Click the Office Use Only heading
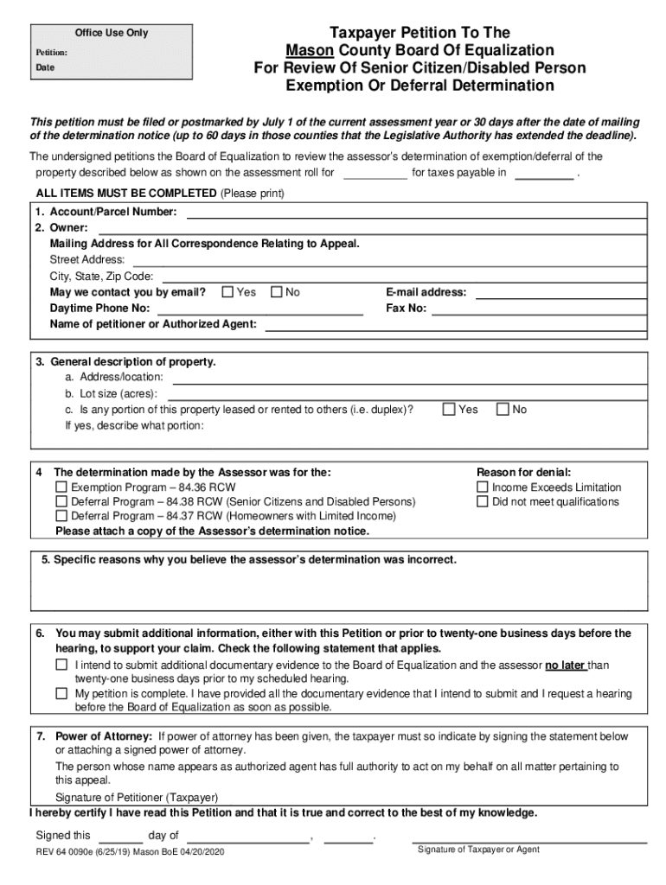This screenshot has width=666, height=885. pyautogui.click(x=111, y=33)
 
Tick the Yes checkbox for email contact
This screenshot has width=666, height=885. pyautogui.click(x=228, y=292)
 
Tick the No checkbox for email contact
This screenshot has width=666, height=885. pyautogui.click(x=277, y=292)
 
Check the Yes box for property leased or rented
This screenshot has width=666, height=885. pyautogui.click(x=449, y=410)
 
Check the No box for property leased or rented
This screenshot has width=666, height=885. pyautogui.click(x=503, y=410)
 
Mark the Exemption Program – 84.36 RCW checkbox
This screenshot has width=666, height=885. pyautogui.click(x=61, y=487)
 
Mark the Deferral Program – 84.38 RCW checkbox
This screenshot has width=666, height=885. pyautogui.click(x=61, y=501)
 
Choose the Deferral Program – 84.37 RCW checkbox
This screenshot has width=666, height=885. pyautogui.click(x=61, y=516)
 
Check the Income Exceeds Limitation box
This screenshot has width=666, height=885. pyautogui.click(x=483, y=487)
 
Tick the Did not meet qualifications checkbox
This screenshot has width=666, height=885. pyautogui.click(x=483, y=501)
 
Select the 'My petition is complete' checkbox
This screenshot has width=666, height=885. pyautogui.click(x=61, y=693)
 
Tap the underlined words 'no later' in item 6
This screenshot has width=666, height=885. pyautogui.click(x=565, y=665)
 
